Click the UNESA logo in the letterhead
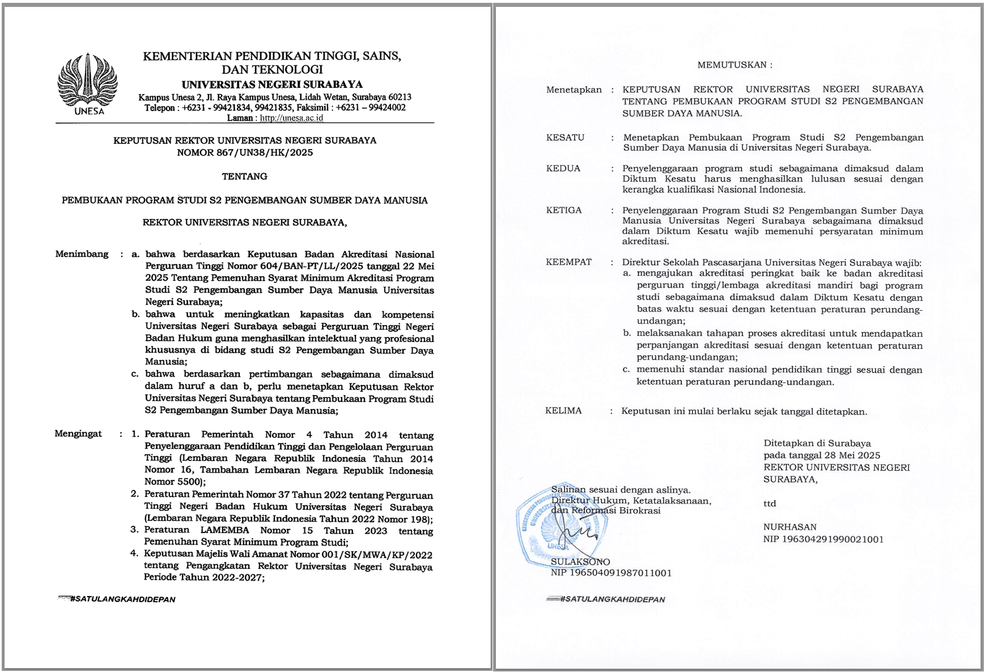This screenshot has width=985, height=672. click(x=88, y=83)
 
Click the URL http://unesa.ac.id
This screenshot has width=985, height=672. click(x=291, y=118)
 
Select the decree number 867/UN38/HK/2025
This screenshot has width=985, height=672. click(x=265, y=153)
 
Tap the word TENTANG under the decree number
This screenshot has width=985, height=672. click(x=244, y=176)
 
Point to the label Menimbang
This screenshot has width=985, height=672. click(x=82, y=254)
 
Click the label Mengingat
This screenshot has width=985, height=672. click(x=78, y=434)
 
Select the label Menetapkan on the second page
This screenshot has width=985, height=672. click(x=574, y=90)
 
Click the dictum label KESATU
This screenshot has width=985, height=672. click(x=565, y=137)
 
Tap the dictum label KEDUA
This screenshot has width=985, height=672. click(x=563, y=168)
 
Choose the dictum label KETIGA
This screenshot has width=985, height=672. click(x=563, y=210)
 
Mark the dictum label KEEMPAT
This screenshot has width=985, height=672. click(x=568, y=262)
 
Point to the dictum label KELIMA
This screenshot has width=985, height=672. click(x=563, y=411)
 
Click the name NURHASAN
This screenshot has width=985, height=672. click(x=789, y=527)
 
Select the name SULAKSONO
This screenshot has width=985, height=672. click(x=580, y=562)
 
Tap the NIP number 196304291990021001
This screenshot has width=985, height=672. click(x=833, y=539)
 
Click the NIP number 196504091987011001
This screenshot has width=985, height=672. click(x=621, y=573)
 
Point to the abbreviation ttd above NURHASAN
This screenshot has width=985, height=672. click(x=769, y=504)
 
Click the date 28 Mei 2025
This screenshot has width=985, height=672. click(x=852, y=455)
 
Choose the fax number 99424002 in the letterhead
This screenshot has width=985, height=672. click(x=387, y=108)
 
